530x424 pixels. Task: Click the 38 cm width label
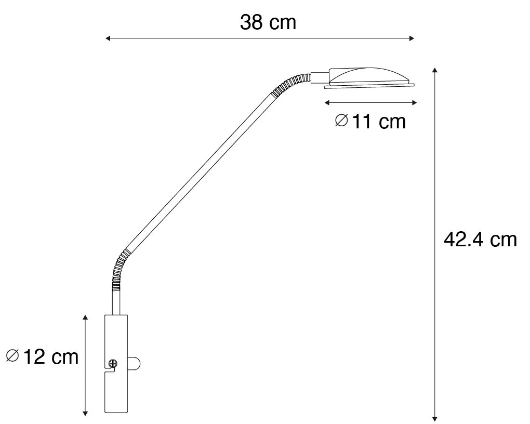pos(268,22)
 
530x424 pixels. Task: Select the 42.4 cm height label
pos(480,240)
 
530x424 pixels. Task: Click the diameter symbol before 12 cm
pos(12,356)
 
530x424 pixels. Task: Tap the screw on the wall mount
pos(113,364)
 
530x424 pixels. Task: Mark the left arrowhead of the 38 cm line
pos(108,38)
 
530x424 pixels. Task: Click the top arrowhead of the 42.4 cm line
pos(435,70)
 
